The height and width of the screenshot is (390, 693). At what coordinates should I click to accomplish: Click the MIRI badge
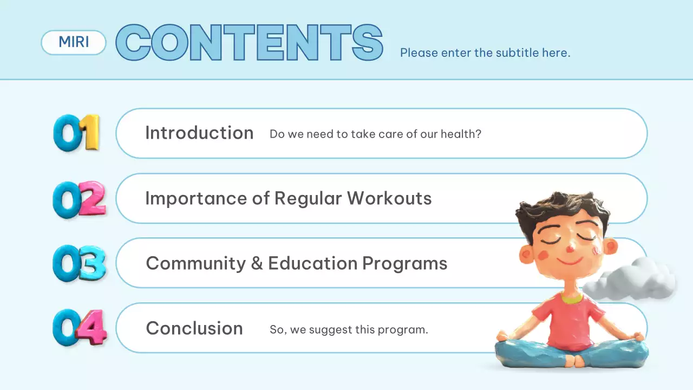pyautogui.click(x=74, y=42)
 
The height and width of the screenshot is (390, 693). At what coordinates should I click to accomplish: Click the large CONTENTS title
pyautogui.click(x=250, y=42)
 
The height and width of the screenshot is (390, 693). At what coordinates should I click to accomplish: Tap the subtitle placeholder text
pyautogui.click(x=485, y=53)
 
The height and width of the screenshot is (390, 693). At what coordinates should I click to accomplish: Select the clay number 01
pyautogui.click(x=77, y=132)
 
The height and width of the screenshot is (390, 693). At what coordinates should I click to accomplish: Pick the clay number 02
pyautogui.click(x=79, y=199)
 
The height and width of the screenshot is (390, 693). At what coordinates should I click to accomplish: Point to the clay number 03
pyautogui.click(x=79, y=264)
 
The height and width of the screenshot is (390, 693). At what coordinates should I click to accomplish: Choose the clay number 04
pyautogui.click(x=80, y=327)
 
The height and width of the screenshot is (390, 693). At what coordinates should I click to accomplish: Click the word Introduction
pyautogui.click(x=199, y=133)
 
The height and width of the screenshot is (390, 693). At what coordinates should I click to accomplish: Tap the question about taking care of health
pyautogui.click(x=375, y=134)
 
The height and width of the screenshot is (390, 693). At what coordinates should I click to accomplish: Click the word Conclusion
pyautogui.click(x=194, y=328)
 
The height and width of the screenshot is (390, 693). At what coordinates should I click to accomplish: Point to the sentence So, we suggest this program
pyautogui.click(x=349, y=329)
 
